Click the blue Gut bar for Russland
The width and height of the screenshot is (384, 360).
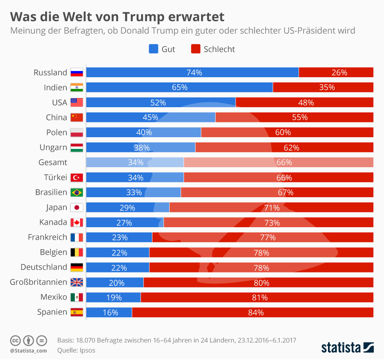coord(192,72)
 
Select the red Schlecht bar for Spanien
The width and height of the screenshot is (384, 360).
coord(252,312)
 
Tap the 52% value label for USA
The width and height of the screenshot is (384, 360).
coord(158,102)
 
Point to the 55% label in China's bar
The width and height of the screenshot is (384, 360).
coord(300,117)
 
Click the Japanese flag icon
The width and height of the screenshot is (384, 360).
coord(76,208)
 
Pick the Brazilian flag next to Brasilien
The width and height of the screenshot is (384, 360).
coord(76,192)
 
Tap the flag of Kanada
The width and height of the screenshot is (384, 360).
coord(76,222)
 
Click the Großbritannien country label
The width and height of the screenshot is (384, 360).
coord(38,282)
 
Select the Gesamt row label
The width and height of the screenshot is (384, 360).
coord(53,162)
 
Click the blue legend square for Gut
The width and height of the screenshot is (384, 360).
coord(154,49)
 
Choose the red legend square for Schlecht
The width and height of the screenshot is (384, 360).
coord(196,49)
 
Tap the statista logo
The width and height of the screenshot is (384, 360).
coord(347,347)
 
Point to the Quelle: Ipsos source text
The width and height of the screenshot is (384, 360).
coord(76,350)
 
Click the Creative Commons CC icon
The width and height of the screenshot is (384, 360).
coord(15,341)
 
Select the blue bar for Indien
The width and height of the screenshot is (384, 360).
coord(179,87)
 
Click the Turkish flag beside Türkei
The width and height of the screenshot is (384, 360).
coord(76,178)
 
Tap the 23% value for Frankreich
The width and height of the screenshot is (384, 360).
coord(119,237)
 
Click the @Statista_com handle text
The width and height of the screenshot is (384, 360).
coord(28,351)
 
